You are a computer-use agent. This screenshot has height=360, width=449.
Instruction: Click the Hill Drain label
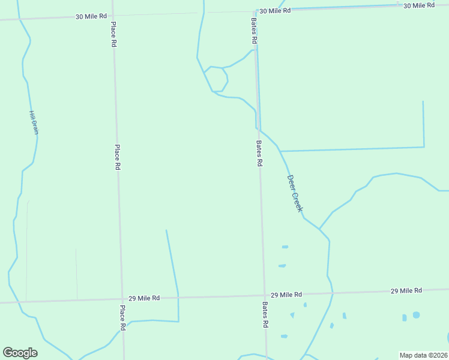click(x=34, y=122)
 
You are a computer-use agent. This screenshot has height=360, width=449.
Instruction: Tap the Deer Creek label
click(x=294, y=193)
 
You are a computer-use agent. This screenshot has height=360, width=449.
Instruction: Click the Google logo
click(x=20, y=353)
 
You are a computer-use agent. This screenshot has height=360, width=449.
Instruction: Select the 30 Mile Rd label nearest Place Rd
click(x=91, y=17)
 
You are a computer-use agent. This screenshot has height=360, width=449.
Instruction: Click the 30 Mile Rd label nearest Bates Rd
click(x=275, y=11)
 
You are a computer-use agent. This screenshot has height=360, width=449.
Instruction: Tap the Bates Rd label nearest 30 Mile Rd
click(x=254, y=30)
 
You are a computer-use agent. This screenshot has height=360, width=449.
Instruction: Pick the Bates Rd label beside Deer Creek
click(x=259, y=154)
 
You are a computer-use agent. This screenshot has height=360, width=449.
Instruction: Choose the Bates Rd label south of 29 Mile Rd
click(x=264, y=314)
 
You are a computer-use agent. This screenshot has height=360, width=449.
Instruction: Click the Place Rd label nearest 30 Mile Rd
click(x=113, y=35)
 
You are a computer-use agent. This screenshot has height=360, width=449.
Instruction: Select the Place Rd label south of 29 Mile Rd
click(x=122, y=318)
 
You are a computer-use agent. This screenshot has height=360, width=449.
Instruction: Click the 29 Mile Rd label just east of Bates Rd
click(x=286, y=295)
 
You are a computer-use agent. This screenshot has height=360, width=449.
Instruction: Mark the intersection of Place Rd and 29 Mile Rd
click(x=121, y=299)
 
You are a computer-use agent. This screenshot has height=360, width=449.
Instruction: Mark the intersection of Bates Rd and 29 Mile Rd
click(x=264, y=295)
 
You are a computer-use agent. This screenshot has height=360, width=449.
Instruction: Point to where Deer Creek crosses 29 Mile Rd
click(x=332, y=293)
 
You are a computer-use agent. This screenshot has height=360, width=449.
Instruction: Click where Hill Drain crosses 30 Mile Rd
click(x=20, y=19)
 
